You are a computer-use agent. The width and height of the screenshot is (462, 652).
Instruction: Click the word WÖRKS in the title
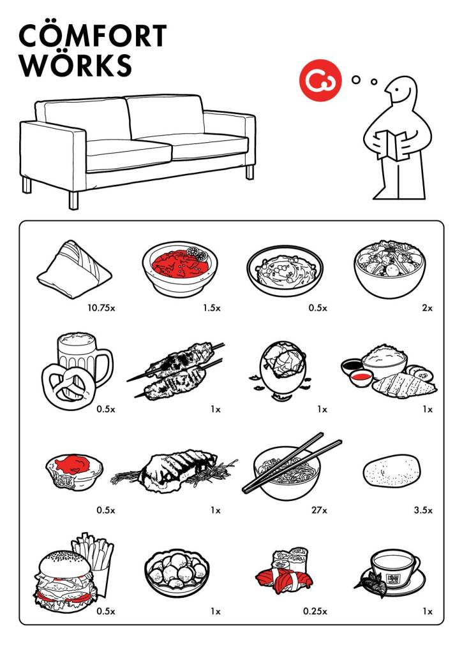coord(75,64)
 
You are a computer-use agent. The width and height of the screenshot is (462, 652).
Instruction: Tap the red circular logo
coord(320,80)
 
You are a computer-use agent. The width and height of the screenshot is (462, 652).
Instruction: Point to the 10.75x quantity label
coord(101,308)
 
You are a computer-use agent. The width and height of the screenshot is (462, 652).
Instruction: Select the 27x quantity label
coord(319,510)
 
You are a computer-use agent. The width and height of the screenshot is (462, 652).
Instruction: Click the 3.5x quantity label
coord(423,510)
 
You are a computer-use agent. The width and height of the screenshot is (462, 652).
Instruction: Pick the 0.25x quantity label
coord(315,611)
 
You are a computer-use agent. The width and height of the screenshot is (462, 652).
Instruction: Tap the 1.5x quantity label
coord(212,308)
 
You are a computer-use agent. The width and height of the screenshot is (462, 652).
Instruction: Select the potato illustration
coord(392,471)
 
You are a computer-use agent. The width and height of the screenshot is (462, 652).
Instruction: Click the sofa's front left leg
coord(73,200)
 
